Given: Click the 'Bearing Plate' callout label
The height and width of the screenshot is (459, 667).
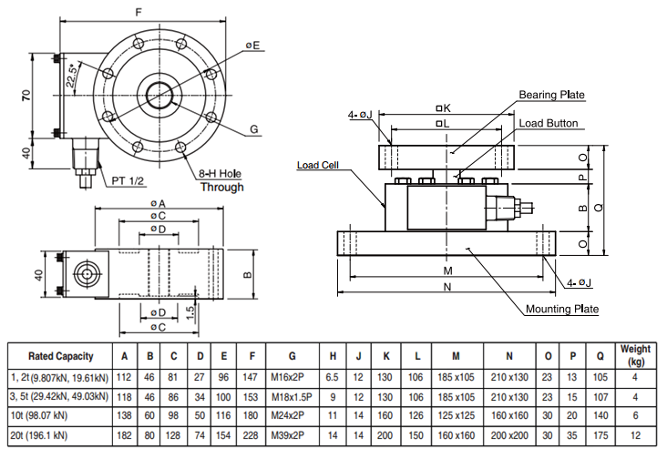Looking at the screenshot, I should [551, 95].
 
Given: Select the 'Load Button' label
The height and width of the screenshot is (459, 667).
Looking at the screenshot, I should [549, 122].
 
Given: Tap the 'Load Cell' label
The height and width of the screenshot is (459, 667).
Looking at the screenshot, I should [318, 166].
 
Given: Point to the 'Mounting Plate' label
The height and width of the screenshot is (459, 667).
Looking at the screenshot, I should [562, 309].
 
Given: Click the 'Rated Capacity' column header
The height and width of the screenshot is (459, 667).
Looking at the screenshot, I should [57, 355].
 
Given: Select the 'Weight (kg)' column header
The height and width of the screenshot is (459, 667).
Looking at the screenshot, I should [635, 355].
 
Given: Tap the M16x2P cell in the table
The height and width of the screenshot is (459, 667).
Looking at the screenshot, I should [288, 376].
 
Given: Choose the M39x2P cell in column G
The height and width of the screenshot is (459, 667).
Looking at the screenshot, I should [288, 436].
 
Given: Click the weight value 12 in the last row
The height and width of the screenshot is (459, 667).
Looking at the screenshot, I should [635, 436].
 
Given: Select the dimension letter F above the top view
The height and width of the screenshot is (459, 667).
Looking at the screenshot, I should [138, 11].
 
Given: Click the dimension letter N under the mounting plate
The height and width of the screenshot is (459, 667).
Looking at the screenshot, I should [447, 287].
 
